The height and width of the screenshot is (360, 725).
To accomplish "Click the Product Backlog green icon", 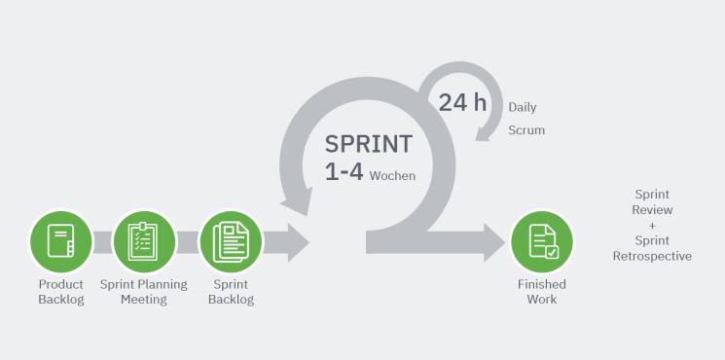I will pos(61,241).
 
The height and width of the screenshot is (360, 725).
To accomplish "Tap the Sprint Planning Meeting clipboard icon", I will pos(144,241).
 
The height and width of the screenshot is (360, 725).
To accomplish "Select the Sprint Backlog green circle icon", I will pos(231,241).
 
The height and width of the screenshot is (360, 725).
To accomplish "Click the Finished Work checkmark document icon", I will pos(542,241).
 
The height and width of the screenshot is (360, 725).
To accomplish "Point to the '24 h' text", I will pos(462,102).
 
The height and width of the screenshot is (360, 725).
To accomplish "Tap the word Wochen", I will pos(392,176).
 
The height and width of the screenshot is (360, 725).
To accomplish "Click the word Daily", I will pos(523,107).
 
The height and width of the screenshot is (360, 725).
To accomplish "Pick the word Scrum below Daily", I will pos(526,129).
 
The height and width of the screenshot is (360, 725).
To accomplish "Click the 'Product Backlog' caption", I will pos(61,292).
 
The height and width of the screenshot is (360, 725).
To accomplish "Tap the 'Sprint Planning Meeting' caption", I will pos(144,292).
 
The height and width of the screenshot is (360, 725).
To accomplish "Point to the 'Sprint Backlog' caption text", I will pos(232,292).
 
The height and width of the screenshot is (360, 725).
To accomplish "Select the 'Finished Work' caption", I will pos(542,292).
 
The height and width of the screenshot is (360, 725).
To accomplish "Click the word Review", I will pos(652,210).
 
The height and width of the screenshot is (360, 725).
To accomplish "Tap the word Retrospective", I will pos(652,256).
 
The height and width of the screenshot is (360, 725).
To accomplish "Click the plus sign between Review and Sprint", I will pos(652,226).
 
